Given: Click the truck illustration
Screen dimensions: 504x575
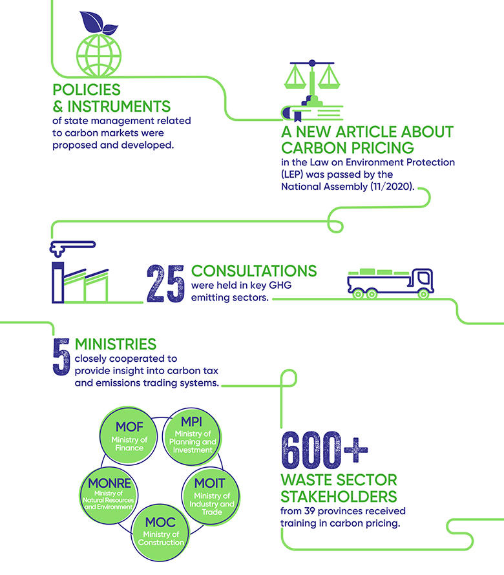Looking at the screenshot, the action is [x=391, y=283].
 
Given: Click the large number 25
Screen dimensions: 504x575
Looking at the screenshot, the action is [x=165, y=284].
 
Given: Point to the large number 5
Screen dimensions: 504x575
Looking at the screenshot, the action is [x=61, y=357].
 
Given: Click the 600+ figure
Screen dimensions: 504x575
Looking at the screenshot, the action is [x=324, y=450].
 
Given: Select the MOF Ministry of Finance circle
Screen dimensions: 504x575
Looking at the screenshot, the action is [x=129, y=436].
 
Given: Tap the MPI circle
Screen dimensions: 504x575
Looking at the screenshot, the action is [x=192, y=436].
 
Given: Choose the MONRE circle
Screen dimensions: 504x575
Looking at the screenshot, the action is [x=109, y=496].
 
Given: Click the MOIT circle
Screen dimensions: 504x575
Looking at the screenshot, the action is [x=211, y=496].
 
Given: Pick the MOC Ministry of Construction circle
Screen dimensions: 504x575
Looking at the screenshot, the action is [x=161, y=532].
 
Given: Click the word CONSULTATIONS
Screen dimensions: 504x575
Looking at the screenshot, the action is [x=254, y=271].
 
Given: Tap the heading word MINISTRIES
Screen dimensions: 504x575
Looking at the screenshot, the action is [x=116, y=344].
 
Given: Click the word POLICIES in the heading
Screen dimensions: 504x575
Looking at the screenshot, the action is [x=87, y=90].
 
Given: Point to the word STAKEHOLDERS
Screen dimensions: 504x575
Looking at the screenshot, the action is [x=339, y=497].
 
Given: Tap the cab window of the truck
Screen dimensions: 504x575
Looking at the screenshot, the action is [x=424, y=278].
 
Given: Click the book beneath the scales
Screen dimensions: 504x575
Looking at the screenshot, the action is [x=312, y=113].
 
